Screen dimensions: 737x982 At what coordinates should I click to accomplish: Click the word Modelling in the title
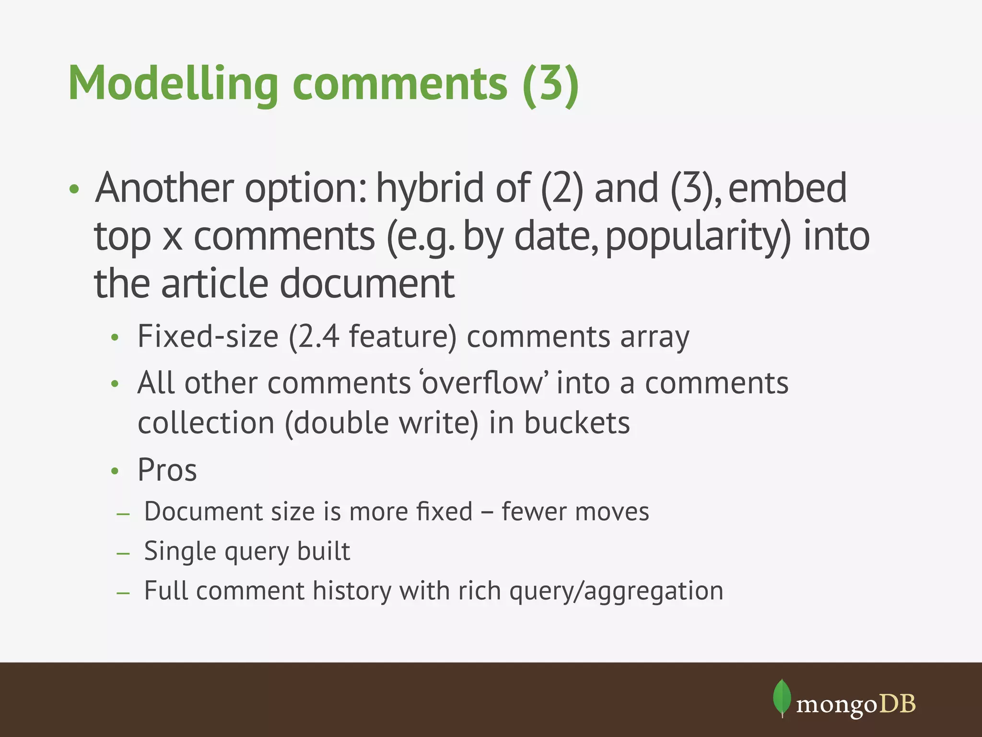173,83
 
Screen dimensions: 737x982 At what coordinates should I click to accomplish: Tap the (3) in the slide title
551,83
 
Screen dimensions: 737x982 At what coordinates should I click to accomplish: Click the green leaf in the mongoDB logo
782,697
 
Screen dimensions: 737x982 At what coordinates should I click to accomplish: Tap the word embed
787,188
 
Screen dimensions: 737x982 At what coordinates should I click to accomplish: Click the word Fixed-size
208,336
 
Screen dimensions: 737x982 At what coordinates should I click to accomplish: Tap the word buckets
577,423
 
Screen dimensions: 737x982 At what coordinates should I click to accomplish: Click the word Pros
167,470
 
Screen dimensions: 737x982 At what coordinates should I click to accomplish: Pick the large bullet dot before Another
73,189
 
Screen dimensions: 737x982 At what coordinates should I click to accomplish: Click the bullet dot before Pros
115,471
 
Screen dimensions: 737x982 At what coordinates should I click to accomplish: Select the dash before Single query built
123,553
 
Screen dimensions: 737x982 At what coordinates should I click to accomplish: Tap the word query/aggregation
616,591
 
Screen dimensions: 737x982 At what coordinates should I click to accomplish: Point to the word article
214,284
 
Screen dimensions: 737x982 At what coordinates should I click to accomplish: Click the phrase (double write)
381,423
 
